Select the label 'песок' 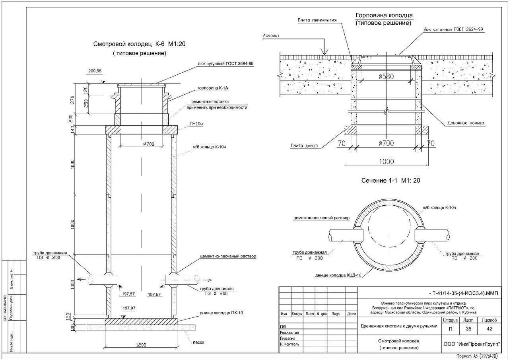tap(198, 342)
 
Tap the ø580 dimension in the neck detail tap(384, 77)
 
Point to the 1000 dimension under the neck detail tap(386, 162)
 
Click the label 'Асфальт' tap(271, 35)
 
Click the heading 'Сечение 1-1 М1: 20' tap(390, 180)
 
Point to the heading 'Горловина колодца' tap(384, 16)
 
